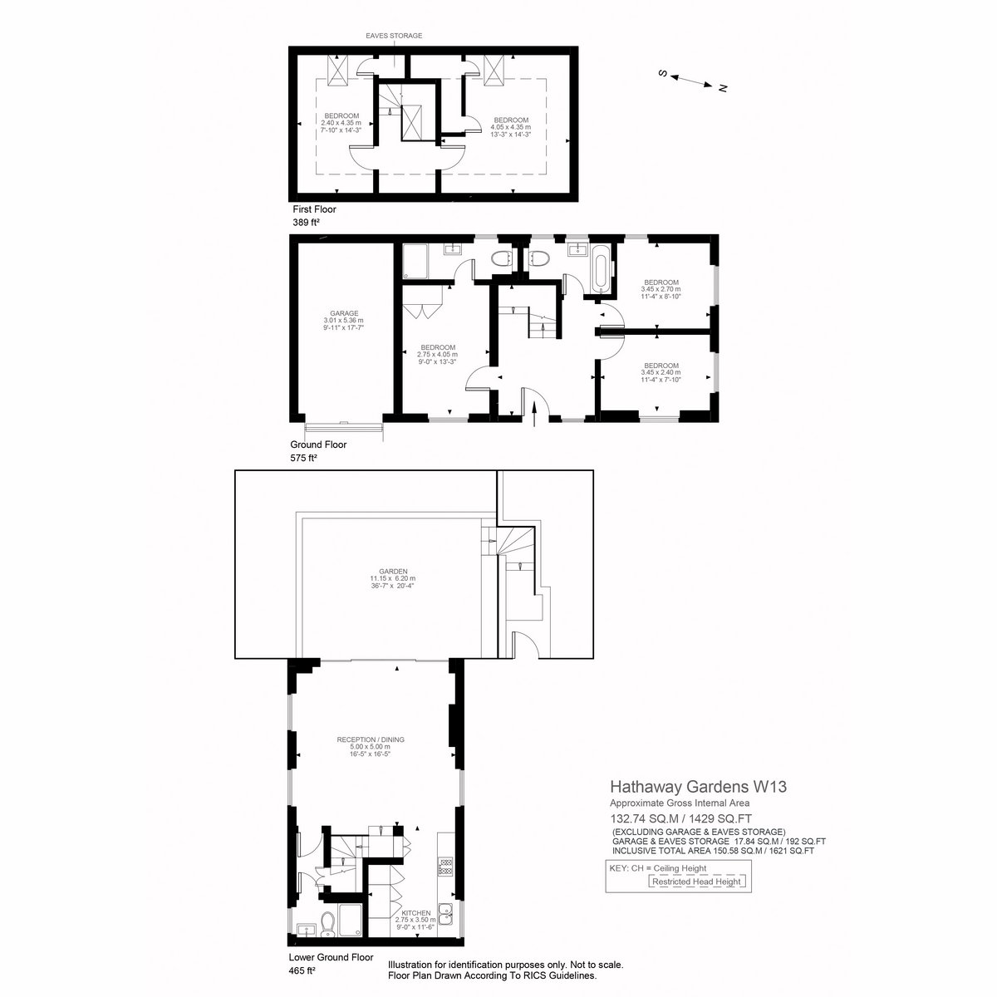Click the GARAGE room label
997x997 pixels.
coord(344,313)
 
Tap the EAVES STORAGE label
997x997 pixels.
coord(394,36)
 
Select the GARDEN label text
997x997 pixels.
coord(393,571)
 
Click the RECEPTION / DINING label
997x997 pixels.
coord(371,739)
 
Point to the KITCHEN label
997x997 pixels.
coord(416,912)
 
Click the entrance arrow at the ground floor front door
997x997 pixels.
coord(535,414)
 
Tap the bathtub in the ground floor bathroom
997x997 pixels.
coord(600,269)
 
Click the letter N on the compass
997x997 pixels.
coord(724,88)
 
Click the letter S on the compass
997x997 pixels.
coord(661,73)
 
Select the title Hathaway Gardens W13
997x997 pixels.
coord(699,787)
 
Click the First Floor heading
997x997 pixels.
coord(314,209)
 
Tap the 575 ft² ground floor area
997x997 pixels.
coord(304,457)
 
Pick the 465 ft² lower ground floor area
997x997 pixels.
coord(302,970)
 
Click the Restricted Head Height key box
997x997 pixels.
coord(696,882)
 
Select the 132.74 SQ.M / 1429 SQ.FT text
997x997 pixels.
coord(681,818)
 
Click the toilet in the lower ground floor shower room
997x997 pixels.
coord(327,924)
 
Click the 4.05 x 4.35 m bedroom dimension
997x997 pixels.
coord(511,127)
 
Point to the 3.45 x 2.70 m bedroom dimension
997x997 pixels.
coord(661,289)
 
